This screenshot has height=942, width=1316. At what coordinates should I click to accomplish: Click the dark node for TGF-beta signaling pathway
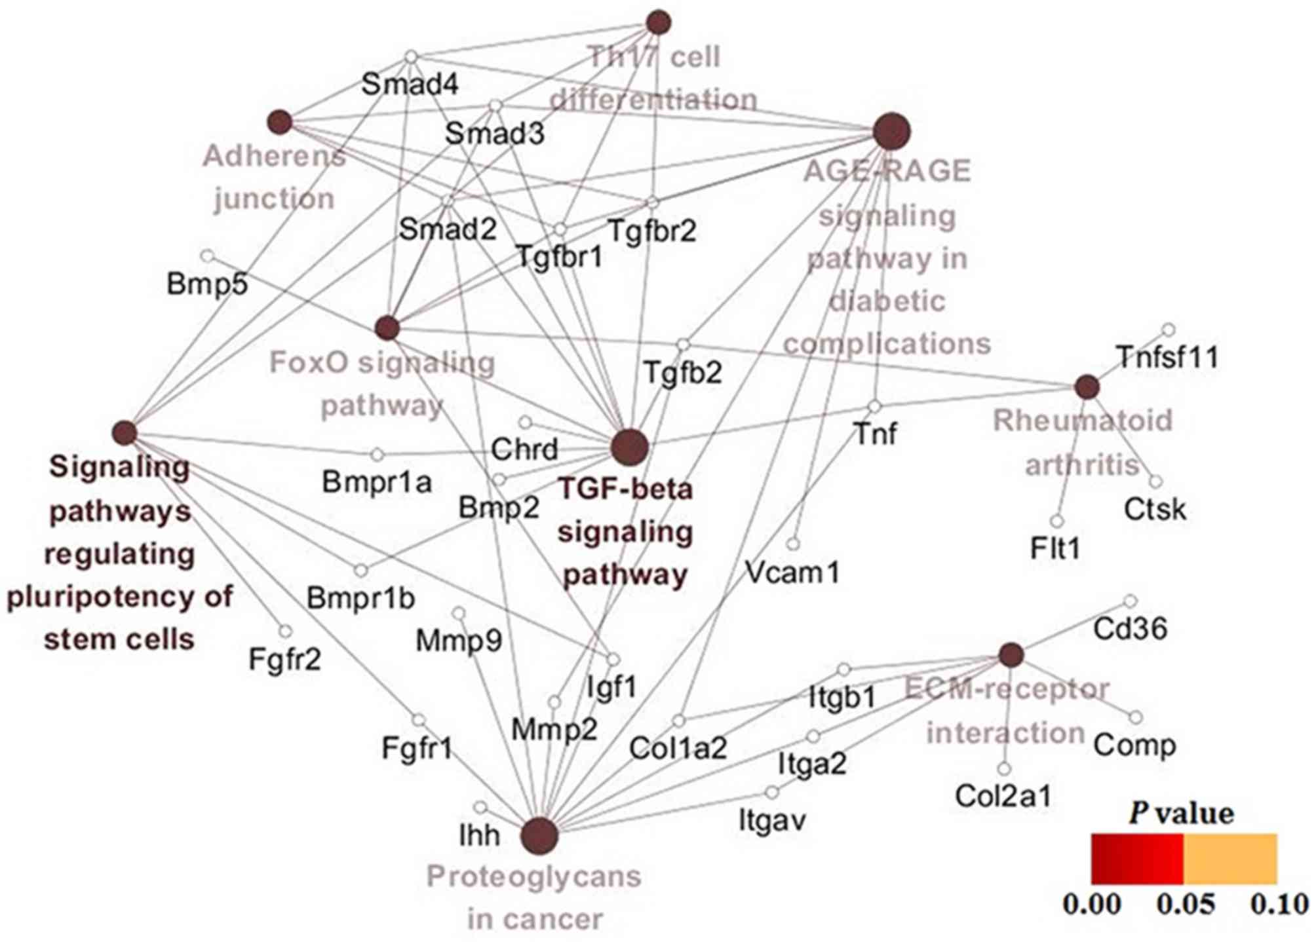(x=630, y=447)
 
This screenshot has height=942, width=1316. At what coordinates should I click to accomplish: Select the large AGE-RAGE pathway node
(x=892, y=132)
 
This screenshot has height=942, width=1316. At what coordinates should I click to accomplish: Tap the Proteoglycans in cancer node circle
(x=539, y=836)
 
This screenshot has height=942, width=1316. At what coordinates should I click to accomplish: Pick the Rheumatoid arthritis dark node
(x=1087, y=387)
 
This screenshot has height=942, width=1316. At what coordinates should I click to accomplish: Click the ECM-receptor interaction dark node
(x=1011, y=654)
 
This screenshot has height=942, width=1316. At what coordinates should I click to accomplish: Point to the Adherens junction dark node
(x=280, y=122)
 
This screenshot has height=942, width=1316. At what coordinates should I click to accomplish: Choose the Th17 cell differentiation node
(x=658, y=22)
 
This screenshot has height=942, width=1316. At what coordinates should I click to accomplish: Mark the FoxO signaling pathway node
(x=387, y=328)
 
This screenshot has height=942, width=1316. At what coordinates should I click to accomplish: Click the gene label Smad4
(x=410, y=84)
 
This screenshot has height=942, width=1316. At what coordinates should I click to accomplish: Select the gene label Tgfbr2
(x=652, y=231)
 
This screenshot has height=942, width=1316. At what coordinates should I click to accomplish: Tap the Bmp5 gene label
(x=207, y=284)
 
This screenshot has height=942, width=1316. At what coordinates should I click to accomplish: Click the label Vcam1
(x=792, y=573)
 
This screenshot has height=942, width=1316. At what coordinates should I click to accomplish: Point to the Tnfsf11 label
(x=1167, y=358)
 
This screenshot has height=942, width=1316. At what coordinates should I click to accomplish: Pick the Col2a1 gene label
(x=1003, y=796)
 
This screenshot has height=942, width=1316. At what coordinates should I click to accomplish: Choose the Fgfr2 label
(x=285, y=660)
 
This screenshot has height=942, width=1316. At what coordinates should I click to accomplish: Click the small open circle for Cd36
(x=1131, y=601)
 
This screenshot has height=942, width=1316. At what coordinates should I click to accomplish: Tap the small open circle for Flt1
(x=1056, y=521)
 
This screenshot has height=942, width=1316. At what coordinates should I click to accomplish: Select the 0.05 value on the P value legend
(x=1186, y=905)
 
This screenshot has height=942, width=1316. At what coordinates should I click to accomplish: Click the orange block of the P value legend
(x=1230, y=858)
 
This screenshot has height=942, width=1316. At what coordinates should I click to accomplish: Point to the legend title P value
(x=1181, y=814)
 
